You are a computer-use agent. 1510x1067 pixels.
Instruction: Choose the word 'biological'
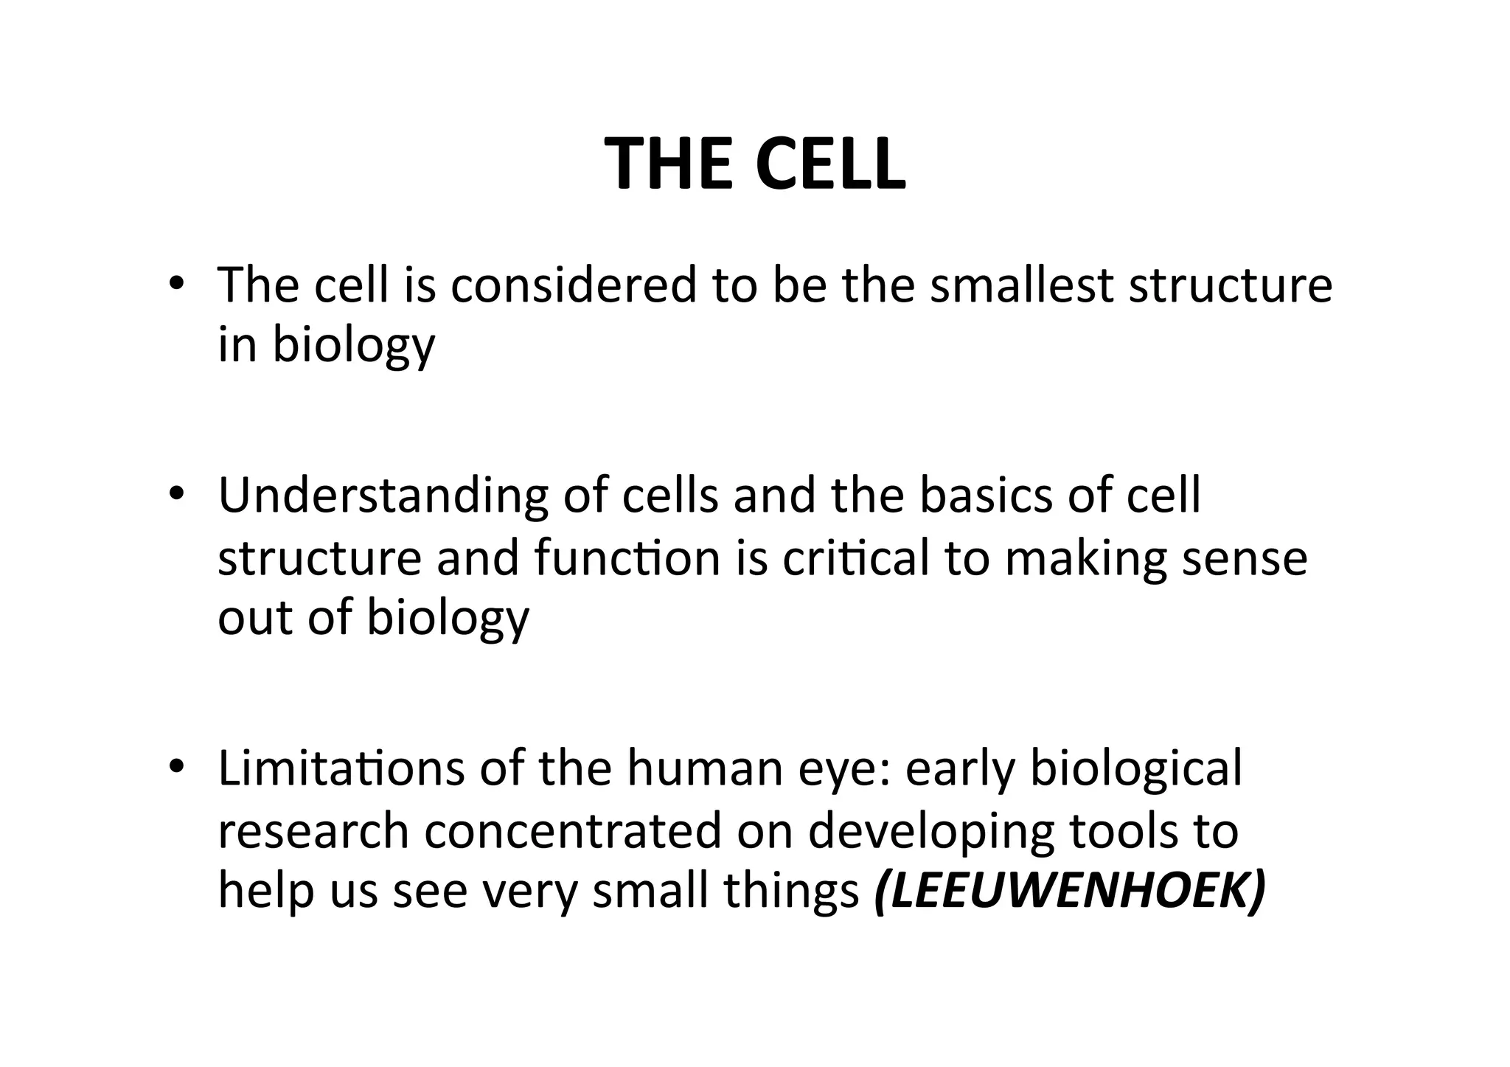tap(1135, 769)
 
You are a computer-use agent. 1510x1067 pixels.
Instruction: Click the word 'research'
tap(313, 830)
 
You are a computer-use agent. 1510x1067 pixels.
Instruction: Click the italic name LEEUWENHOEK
tap(1070, 891)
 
